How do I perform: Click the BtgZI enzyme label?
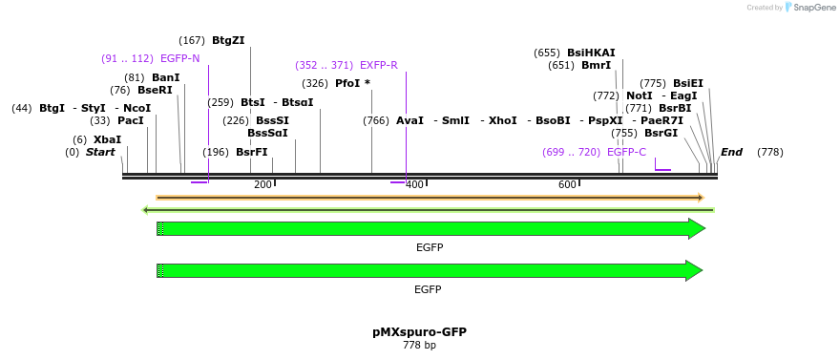(x=228, y=40)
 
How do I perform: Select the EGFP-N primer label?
(x=179, y=58)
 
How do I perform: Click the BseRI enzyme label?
(x=156, y=90)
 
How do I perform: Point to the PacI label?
(x=131, y=121)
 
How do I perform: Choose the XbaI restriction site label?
(x=108, y=139)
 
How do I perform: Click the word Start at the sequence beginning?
(x=100, y=152)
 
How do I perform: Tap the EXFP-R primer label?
(x=379, y=65)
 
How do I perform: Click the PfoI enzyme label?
(x=348, y=83)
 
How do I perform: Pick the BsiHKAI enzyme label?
(x=591, y=53)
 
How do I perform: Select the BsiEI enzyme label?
(x=688, y=83)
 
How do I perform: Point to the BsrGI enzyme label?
(x=661, y=133)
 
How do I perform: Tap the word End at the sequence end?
(x=732, y=152)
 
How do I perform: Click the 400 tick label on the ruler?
(x=414, y=184)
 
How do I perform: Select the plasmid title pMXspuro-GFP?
(x=419, y=332)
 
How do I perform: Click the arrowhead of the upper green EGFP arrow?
(x=697, y=228)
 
